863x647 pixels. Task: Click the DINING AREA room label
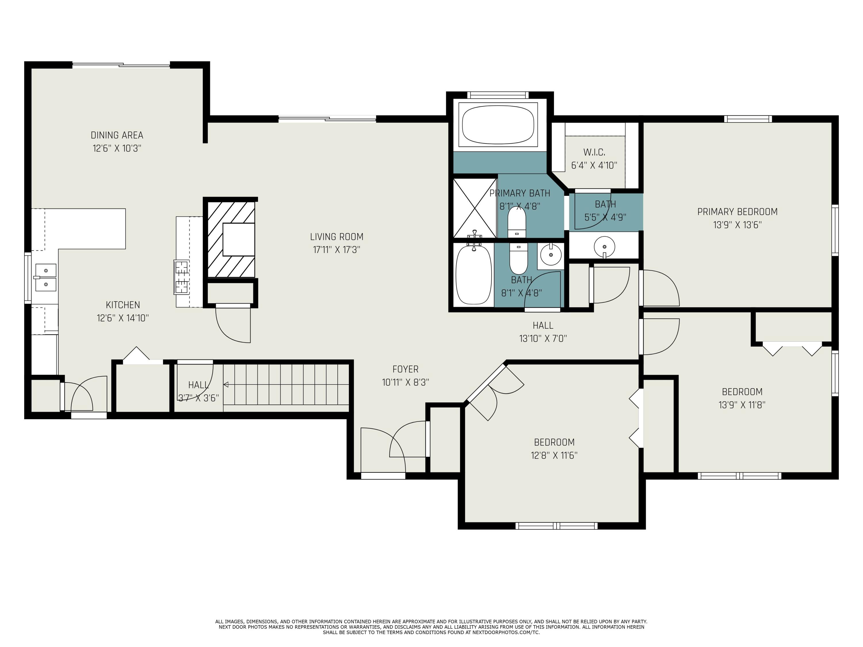(117, 135)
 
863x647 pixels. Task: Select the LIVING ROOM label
(336, 237)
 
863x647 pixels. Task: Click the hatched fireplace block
(231, 239)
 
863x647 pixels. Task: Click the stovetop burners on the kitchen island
(182, 277)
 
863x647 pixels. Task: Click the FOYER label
(405, 369)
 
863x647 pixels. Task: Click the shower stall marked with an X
(474, 208)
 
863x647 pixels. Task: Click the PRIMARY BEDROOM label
(737, 212)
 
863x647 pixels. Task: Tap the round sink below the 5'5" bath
(604, 246)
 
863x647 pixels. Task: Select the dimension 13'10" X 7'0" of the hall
(543, 338)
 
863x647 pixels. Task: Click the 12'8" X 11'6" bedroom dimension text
(554, 455)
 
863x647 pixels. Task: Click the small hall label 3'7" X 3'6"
(198, 398)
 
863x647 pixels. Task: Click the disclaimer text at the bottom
(431, 627)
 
